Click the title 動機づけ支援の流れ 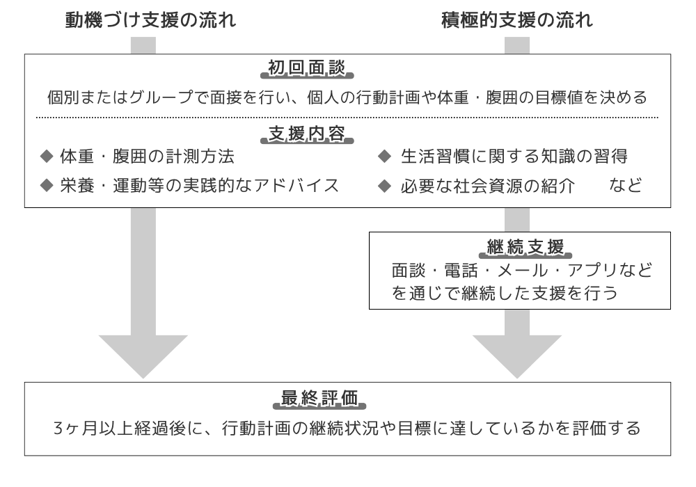coord(150,20)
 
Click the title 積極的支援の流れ coord(517,20)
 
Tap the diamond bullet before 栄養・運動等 coord(47,186)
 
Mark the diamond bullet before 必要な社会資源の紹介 coord(384,186)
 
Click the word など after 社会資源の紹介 coord(625,186)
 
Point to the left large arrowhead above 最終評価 coord(143,356)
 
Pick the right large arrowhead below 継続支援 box coord(517,356)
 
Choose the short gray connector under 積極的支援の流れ coord(517,45)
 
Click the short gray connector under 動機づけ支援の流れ coord(143,45)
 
